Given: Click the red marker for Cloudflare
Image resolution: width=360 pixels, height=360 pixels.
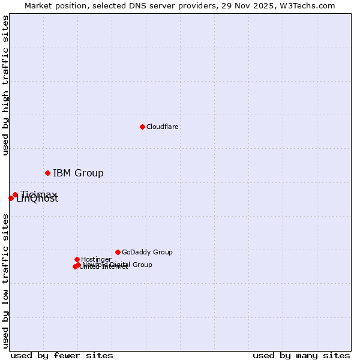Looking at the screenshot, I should pos(142,127).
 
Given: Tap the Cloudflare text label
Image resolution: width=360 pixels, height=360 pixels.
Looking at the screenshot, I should pos(162,127).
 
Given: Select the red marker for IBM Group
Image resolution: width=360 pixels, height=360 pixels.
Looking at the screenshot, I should pos(47,173).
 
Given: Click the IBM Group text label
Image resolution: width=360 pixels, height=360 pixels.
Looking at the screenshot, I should pos(78,173).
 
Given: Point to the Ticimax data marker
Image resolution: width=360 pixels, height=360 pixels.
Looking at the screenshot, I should pos(15,194).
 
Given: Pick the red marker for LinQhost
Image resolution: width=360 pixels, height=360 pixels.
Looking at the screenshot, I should pos(11,198).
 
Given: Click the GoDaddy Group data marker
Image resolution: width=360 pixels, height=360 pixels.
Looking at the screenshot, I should pos(118,252).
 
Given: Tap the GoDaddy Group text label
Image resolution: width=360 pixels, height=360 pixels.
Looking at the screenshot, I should pos(147,252).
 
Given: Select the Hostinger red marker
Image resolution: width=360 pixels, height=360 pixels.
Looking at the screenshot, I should pos(77,259).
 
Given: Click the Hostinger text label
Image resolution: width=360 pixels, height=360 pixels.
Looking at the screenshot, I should pos(96,259).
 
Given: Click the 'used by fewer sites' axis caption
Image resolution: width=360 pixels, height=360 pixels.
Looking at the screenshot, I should pos(62,355).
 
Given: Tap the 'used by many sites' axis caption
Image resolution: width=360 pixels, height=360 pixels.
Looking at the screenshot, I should pos(301,355).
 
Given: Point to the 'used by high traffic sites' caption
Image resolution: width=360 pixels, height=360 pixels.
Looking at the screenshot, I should pos(6,85).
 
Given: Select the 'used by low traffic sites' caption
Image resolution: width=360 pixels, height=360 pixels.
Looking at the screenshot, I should pos(6,281).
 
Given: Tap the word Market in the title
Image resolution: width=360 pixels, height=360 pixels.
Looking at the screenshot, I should pos(39,5).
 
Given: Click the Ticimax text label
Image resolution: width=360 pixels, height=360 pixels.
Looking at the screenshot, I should pos(38,194).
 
